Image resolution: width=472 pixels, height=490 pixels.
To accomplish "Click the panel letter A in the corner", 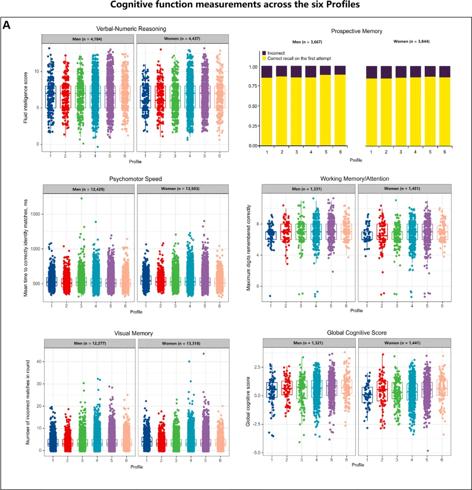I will [7, 25].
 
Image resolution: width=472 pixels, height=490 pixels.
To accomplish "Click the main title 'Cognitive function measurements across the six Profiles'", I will [236, 5].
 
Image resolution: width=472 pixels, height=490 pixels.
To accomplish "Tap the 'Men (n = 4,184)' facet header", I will [88, 39].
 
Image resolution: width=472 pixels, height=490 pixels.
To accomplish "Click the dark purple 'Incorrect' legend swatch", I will [264, 53].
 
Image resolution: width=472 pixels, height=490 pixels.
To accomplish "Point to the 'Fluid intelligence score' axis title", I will [26, 97].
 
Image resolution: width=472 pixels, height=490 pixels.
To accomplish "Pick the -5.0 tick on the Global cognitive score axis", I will [253, 453].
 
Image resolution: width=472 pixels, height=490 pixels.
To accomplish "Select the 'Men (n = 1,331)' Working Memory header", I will [309, 189].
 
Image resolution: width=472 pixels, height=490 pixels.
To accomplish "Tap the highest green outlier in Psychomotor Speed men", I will [81, 198].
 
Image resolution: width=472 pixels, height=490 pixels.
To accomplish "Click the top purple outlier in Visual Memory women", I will [204, 354].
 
